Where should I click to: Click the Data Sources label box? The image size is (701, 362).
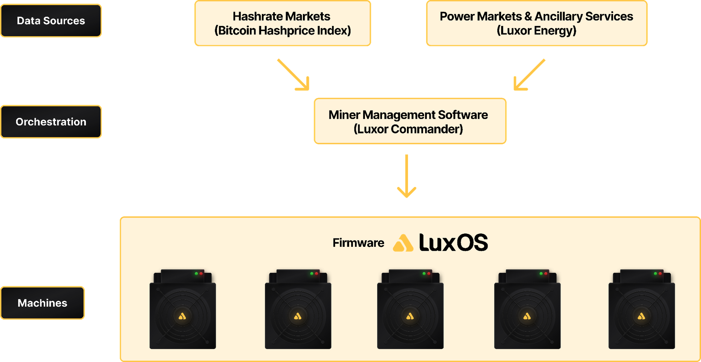click(x=51, y=21)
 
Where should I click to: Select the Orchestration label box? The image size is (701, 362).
click(x=51, y=121)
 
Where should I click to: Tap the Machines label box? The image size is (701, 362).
click(x=43, y=303)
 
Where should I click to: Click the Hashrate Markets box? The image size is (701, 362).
click(x=283, y=23)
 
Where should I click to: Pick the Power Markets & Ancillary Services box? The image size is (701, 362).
click(x=536, y=23)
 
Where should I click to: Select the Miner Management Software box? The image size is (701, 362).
click(x=410, y=121)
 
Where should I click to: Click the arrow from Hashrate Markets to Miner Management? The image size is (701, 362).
click(x=294, y=75)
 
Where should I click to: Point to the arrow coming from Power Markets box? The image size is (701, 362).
click(x=529, y=75)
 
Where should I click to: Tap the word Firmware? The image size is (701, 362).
click(x=358, y=243)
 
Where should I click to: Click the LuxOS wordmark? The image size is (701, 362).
click(x=453, y=243)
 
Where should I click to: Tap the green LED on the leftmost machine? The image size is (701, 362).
click(x=196, y=273)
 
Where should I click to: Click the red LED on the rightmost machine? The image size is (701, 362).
click(x=660, y=273)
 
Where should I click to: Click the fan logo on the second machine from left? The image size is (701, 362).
click(x=298, y=316)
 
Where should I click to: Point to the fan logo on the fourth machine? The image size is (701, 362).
click(x=527, y=316)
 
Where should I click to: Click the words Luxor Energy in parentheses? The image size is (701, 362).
click(x=536, y=31)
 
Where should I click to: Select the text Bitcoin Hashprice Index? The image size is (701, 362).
click(x=283, y=31)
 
